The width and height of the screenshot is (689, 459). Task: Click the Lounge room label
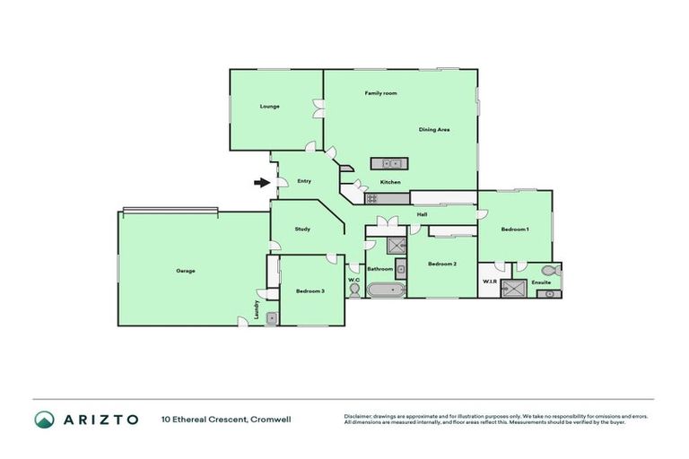[x=270, y=106]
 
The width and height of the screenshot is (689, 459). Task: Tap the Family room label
[x=380, y=93]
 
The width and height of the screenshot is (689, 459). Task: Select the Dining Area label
[x=434, y=130]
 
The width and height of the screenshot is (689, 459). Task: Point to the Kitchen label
[x=390, y=183]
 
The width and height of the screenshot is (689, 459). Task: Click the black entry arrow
[x=261, y=183]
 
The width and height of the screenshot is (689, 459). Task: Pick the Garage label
[x=186, y=271]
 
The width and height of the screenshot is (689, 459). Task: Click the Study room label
[x=303, y=229]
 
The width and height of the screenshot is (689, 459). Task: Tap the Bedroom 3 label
[x=310, y=291]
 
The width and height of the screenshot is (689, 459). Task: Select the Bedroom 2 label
[x=443, y=264]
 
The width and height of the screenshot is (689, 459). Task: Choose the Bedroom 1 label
[x=515, y=229]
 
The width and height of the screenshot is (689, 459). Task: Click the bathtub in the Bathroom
[x=385, y=290]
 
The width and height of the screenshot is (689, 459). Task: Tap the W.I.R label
[x=490, y=281]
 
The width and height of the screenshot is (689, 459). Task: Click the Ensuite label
[x=541, y=281]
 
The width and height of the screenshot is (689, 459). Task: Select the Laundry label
[x=257, y=309]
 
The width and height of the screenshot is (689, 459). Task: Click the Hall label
[x=422, y=214]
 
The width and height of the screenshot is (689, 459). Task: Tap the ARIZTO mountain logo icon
[x=43, y=419]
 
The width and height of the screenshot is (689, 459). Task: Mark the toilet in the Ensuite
[x=556, y=269]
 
